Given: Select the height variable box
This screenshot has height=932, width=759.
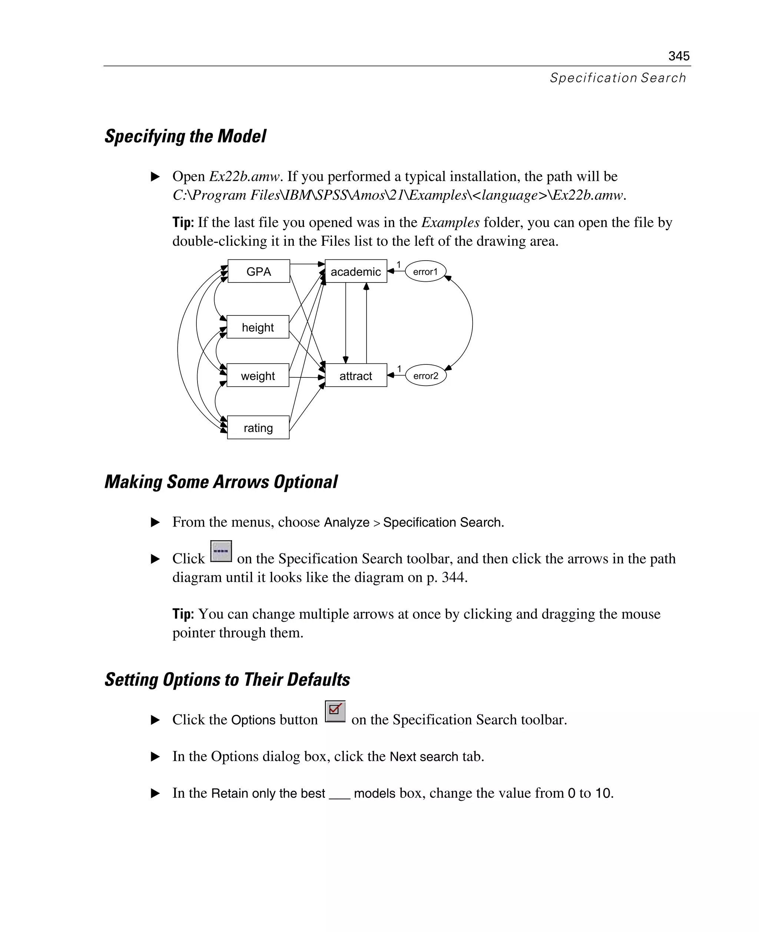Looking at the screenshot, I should (x=258, y=327).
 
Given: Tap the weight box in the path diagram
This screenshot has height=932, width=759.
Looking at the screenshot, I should (x=258, y=375).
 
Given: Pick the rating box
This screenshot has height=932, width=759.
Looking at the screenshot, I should (x=258, y=427).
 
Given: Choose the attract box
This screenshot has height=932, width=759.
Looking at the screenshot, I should (x=355, y=375).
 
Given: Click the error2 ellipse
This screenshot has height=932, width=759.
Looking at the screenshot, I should (x=425, y=375).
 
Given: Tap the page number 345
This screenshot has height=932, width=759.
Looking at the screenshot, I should (x=679, y=56).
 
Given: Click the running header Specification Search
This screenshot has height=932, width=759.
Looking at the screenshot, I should (x=618, y=78).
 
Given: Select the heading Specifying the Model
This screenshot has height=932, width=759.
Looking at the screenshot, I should (x=185, y=136).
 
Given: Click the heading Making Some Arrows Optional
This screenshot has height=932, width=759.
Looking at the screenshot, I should (x=221, y=482).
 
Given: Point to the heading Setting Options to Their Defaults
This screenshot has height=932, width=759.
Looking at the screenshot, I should (x=227, y=679).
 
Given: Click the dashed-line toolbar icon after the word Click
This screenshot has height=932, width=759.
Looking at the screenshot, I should (x=221, y=552).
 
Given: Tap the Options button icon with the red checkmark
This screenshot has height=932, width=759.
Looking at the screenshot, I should (x=335, y=711).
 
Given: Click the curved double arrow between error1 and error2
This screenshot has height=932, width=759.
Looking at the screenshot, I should (x=472, y=323).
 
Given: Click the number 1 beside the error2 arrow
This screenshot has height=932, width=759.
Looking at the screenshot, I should (x=399, y=369).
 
